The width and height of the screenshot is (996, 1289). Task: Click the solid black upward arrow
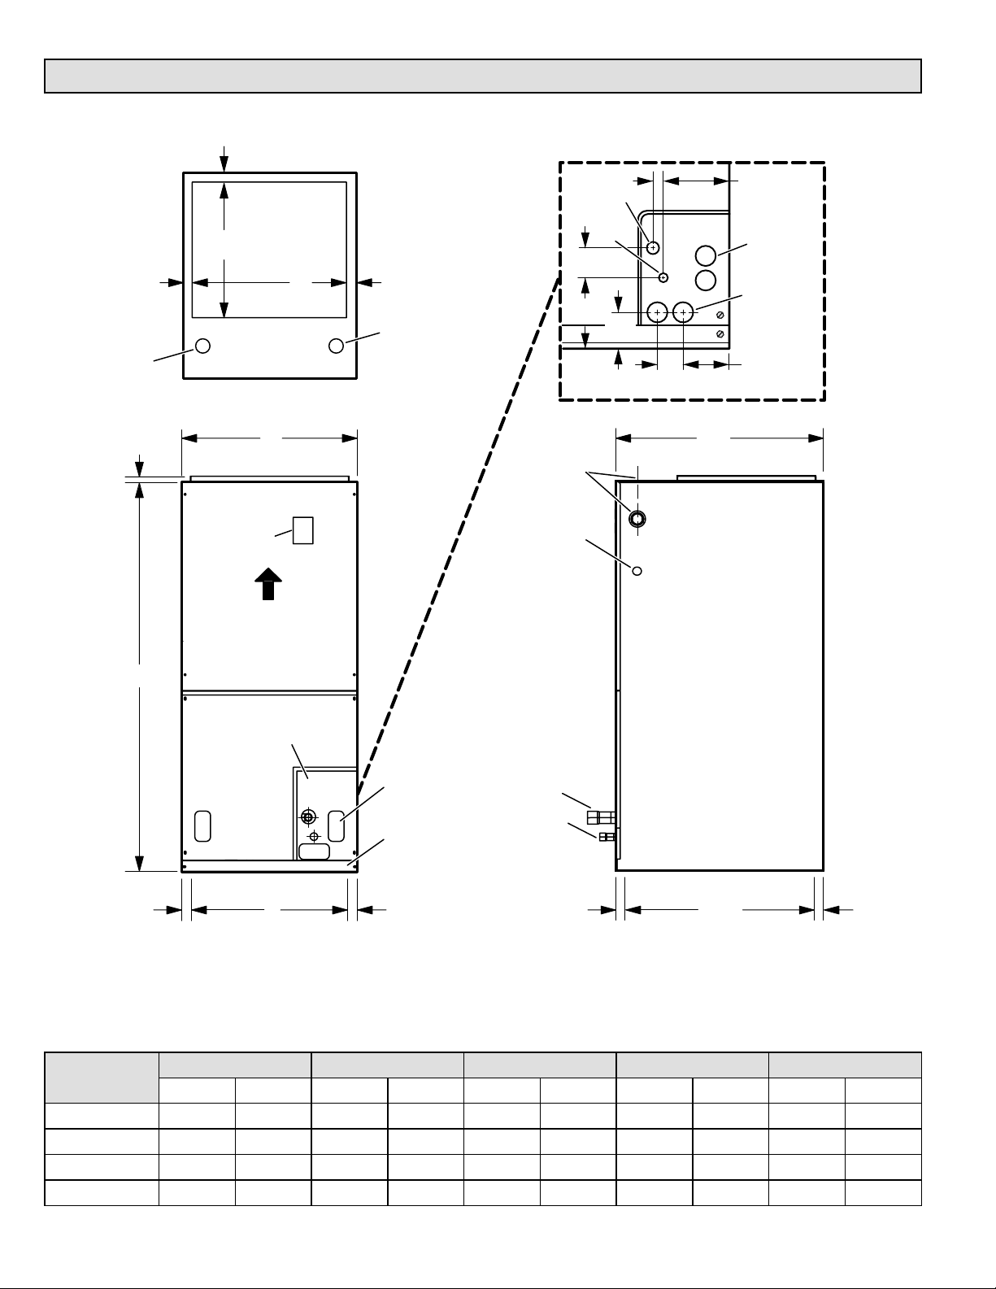click(x=268, y=584)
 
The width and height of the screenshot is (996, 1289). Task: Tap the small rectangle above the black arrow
click(x=302, y=530)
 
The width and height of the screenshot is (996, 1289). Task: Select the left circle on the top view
click(x=203, y=346)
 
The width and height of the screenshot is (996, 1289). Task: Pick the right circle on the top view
click(x=336, y=346)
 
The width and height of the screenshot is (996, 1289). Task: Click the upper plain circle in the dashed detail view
click(x=706, y=255)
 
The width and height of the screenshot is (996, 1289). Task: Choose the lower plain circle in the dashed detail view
click(x=706, y=281)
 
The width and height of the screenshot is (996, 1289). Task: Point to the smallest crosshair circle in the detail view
click(x=663, y=277)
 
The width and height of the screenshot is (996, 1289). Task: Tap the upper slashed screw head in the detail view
click(x=720, y=315)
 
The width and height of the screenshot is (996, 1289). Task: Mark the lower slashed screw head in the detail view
click(x=720, y=333)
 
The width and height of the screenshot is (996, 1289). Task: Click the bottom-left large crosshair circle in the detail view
click(x=657, y=311)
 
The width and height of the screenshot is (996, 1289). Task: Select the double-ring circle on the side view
click(x=637, y=518)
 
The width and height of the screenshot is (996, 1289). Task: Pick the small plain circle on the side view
click(x=637, y=570)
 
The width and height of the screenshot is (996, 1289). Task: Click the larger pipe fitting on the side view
click(x=600, y=816)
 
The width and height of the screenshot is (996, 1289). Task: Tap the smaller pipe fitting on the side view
click(x=606, y=837)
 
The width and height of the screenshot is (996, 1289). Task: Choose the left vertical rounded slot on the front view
click(x=203, y=825)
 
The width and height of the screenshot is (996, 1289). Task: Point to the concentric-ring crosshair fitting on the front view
click(x=307, y=817)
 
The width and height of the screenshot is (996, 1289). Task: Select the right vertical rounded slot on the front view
click(x=337, y=825)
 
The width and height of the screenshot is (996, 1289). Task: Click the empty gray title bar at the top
click(x=482, y=76)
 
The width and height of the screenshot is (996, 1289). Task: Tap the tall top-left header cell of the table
click(x=102, y=1078)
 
